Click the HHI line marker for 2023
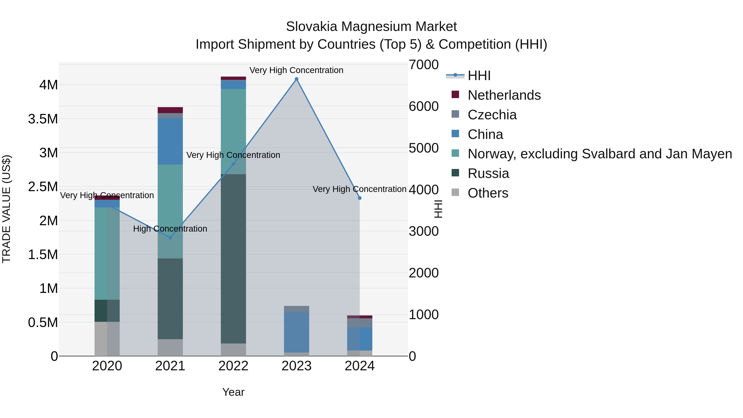297,79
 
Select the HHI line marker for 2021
170,237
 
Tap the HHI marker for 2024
360,198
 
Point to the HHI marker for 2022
233,164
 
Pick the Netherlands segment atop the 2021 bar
170,110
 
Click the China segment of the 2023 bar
297,332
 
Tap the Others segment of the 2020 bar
107,339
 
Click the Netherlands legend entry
504,95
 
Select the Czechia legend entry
492,115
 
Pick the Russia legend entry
488,173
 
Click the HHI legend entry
479,76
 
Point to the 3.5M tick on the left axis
43,119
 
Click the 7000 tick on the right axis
424,65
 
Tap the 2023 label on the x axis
297,366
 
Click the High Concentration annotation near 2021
170,229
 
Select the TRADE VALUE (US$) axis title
6,209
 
